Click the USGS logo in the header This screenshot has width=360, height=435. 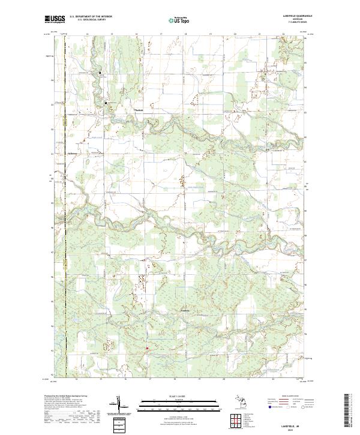click(55, 20)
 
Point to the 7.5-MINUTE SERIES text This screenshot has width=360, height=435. click(294, 22)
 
